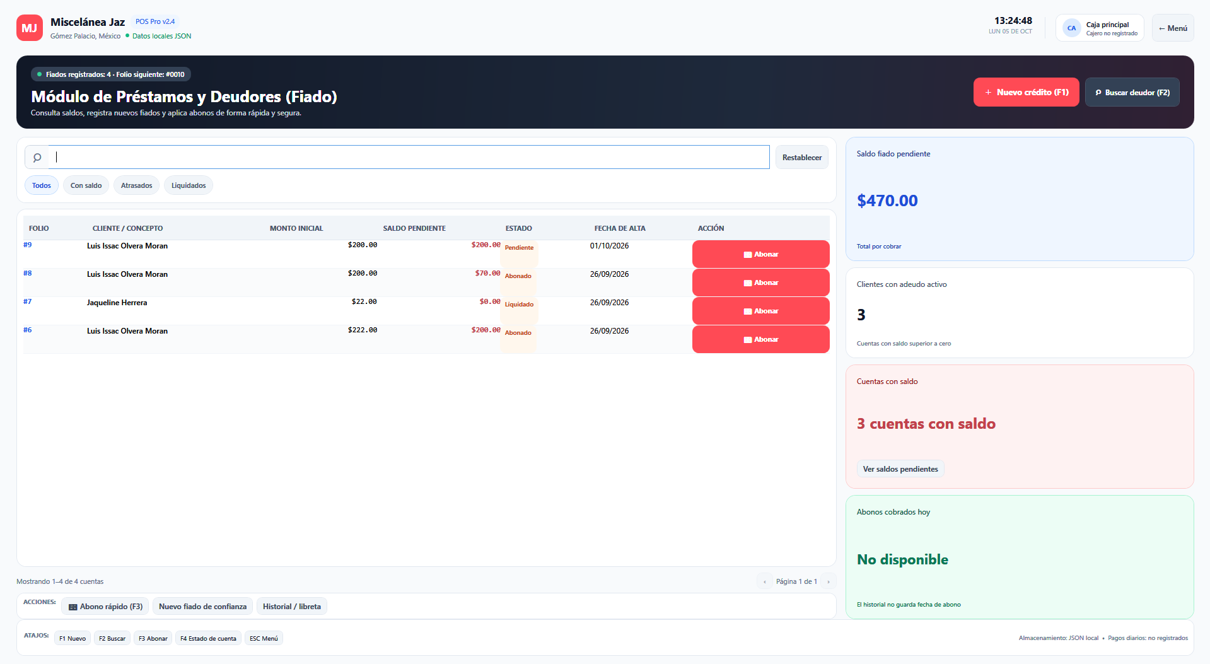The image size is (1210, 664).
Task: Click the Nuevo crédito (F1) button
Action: (1026, 92)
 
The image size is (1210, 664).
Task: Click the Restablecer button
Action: (801, 158)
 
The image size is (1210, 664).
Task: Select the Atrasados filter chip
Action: (136, 185)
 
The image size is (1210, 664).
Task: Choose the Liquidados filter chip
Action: (189, 185)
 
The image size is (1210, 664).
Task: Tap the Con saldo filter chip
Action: (86, 185)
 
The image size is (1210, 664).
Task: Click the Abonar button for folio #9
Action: (760, 254)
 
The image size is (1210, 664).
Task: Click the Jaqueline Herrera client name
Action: (117, 303)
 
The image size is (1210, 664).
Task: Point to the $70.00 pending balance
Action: (487, 274)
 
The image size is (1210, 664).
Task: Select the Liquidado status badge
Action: (519, 305)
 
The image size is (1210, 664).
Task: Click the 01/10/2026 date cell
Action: (609, 246)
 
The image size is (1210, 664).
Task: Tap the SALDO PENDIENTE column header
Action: (414, 228)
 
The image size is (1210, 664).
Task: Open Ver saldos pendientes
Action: (900, 469)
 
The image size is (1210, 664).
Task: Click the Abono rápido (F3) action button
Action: (105, 607)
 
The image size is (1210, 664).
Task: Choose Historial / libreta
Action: (291, 607)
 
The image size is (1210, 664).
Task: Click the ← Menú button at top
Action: (1172, 28)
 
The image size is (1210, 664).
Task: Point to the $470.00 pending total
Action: (887, 201)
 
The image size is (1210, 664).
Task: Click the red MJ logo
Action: (30, 28)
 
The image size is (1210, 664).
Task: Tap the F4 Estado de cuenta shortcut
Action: (208, 638)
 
